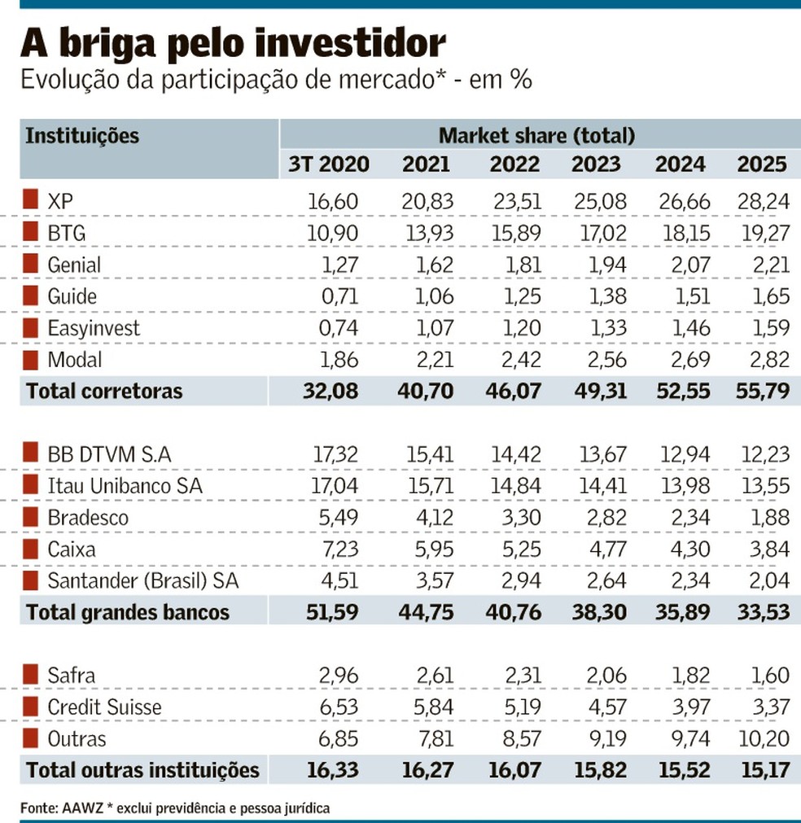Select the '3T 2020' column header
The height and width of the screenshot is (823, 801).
click(328, 164)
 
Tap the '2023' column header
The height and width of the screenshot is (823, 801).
click(596, 164)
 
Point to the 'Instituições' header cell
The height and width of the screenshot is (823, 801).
click(82, 135)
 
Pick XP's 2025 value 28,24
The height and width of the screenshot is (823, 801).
click(763, 201)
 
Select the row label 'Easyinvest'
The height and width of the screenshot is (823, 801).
click(94, 328)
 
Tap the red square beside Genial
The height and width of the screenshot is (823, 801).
click(30, 264)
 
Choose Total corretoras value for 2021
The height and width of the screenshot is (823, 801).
click(426, 392)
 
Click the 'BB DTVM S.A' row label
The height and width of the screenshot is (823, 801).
click(110, 454)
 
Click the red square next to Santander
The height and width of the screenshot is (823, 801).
click(30, 580)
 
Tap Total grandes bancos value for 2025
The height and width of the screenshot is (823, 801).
click(763, 612)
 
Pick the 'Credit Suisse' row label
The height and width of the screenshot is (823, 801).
click(104, 707)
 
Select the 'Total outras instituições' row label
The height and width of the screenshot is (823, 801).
click(142, 770)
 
